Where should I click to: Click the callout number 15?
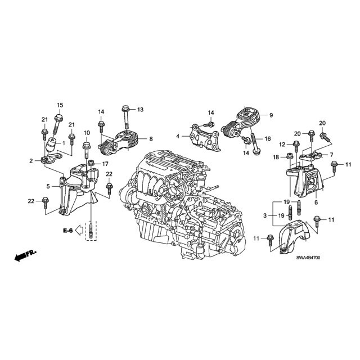(60, 105)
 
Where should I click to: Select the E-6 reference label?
(67, 230)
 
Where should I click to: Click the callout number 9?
(271, 115)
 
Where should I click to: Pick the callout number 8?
(151, 138)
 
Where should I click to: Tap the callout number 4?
(177, 136)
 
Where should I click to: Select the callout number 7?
(331, 154)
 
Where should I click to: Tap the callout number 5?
(48, 186)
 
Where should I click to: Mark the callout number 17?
(105, 164)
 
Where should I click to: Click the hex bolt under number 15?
(58, 119)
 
